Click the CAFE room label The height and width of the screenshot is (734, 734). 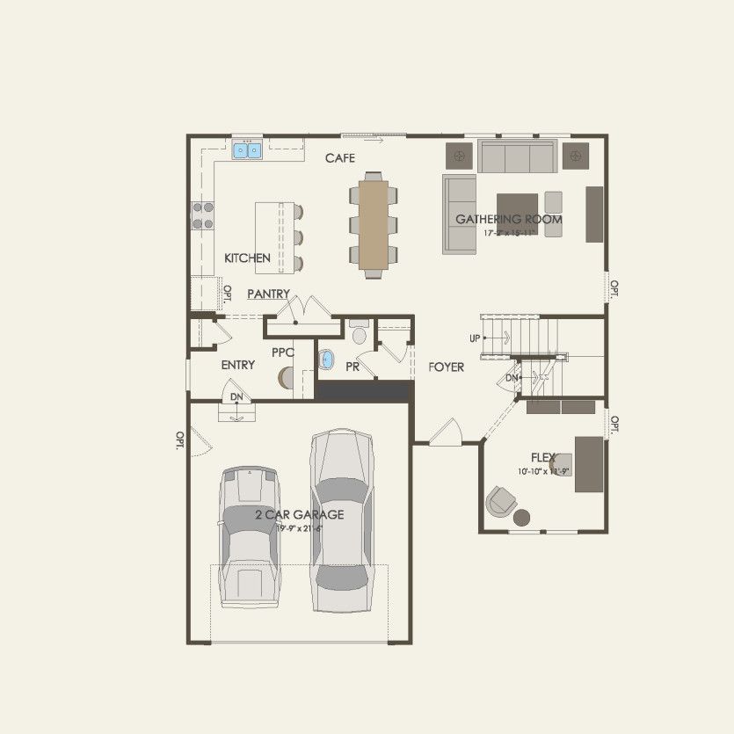pos(339,158)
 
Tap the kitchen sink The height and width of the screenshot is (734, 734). pos(247,150)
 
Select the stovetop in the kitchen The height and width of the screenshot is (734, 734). pos(203,215)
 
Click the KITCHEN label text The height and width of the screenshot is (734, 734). pos(247,258)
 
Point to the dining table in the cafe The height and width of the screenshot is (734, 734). pos(373,224)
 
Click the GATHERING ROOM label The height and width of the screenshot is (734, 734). pos(508,219)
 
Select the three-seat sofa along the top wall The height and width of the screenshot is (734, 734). pos(516,156)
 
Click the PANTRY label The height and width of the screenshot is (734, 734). pos(268,294)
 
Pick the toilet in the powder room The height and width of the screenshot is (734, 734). pos(359,335)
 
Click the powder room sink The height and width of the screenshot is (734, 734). pos(328,360)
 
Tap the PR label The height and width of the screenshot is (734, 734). pos(352,366)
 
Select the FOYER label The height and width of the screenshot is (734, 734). pos(447,367)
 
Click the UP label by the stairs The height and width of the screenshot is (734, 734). pos(475,338)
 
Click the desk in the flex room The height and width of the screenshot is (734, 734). pos(589,464)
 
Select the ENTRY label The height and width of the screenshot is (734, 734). pos(237,365)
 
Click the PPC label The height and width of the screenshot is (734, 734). pos(282,352)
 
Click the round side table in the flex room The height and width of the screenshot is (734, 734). pos(522,516)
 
